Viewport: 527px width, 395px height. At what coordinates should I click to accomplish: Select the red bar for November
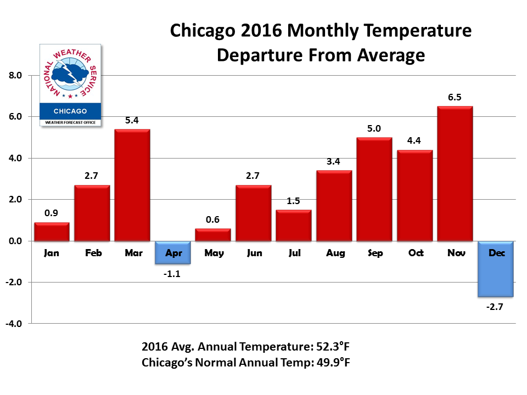[455, 173]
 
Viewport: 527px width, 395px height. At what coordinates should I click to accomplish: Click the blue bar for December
[496, 269]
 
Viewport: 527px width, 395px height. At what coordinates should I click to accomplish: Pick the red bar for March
[132, 185]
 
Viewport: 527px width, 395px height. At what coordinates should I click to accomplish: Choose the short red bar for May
[213, 235]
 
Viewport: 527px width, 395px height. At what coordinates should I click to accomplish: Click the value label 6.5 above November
[455, 98]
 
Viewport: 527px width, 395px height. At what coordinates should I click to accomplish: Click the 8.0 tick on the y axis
[14, 76]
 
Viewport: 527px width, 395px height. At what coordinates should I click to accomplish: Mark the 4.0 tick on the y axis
[14, 159]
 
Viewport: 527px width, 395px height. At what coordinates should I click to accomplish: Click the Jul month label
[294, 253]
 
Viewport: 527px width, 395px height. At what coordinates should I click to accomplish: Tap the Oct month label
[415, 253]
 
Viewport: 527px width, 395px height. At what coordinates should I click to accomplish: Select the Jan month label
[52, 253]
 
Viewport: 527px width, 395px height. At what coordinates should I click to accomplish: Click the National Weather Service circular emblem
[70, 74]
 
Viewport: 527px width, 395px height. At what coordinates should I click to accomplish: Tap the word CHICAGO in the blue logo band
[71, 111]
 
